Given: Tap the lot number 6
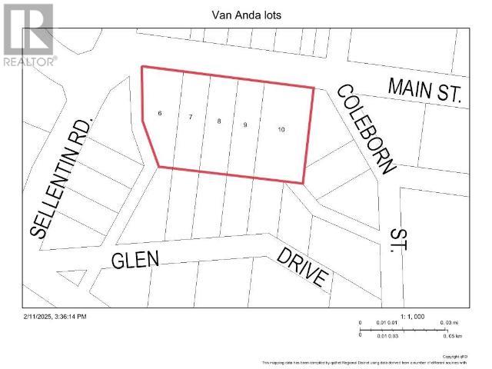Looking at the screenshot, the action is pos(160,113).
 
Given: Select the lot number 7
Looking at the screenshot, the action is pos(190,117).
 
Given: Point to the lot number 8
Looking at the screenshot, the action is pos(219,121).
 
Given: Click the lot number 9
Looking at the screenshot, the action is pos(244,125).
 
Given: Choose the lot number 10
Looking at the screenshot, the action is pos(281,130).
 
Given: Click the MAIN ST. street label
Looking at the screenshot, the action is pos(424,91).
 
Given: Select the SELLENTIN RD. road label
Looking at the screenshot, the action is pos(61,178).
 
